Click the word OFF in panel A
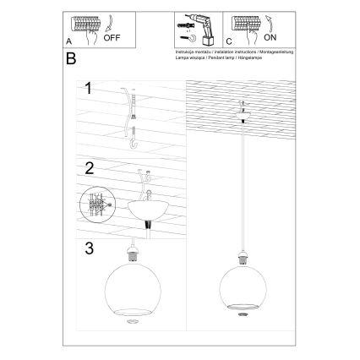point(112,38)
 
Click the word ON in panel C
point(268,39)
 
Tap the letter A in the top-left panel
point(68,40)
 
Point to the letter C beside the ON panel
point(227,40)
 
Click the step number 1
point(87,87)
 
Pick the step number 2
point(87,167)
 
